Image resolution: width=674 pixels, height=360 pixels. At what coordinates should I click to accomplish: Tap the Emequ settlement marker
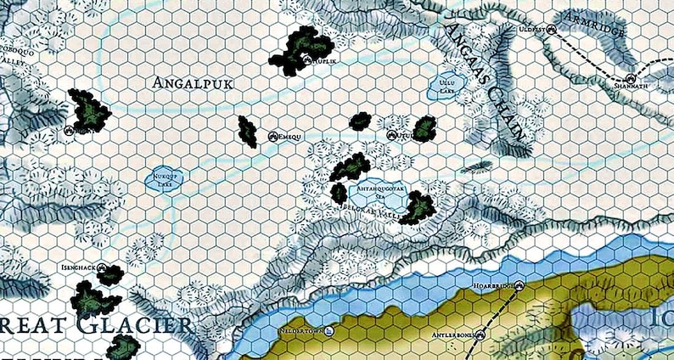[x=273, y=136]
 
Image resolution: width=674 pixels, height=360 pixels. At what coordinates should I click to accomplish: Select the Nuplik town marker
[x=309, y=60]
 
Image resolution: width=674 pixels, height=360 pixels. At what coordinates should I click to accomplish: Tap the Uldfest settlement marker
[x=551, y=29]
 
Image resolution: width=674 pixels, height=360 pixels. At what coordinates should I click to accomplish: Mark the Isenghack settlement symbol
[x=102, y=270]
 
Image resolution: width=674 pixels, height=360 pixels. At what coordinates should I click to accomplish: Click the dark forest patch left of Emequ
[x=248, y=130]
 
